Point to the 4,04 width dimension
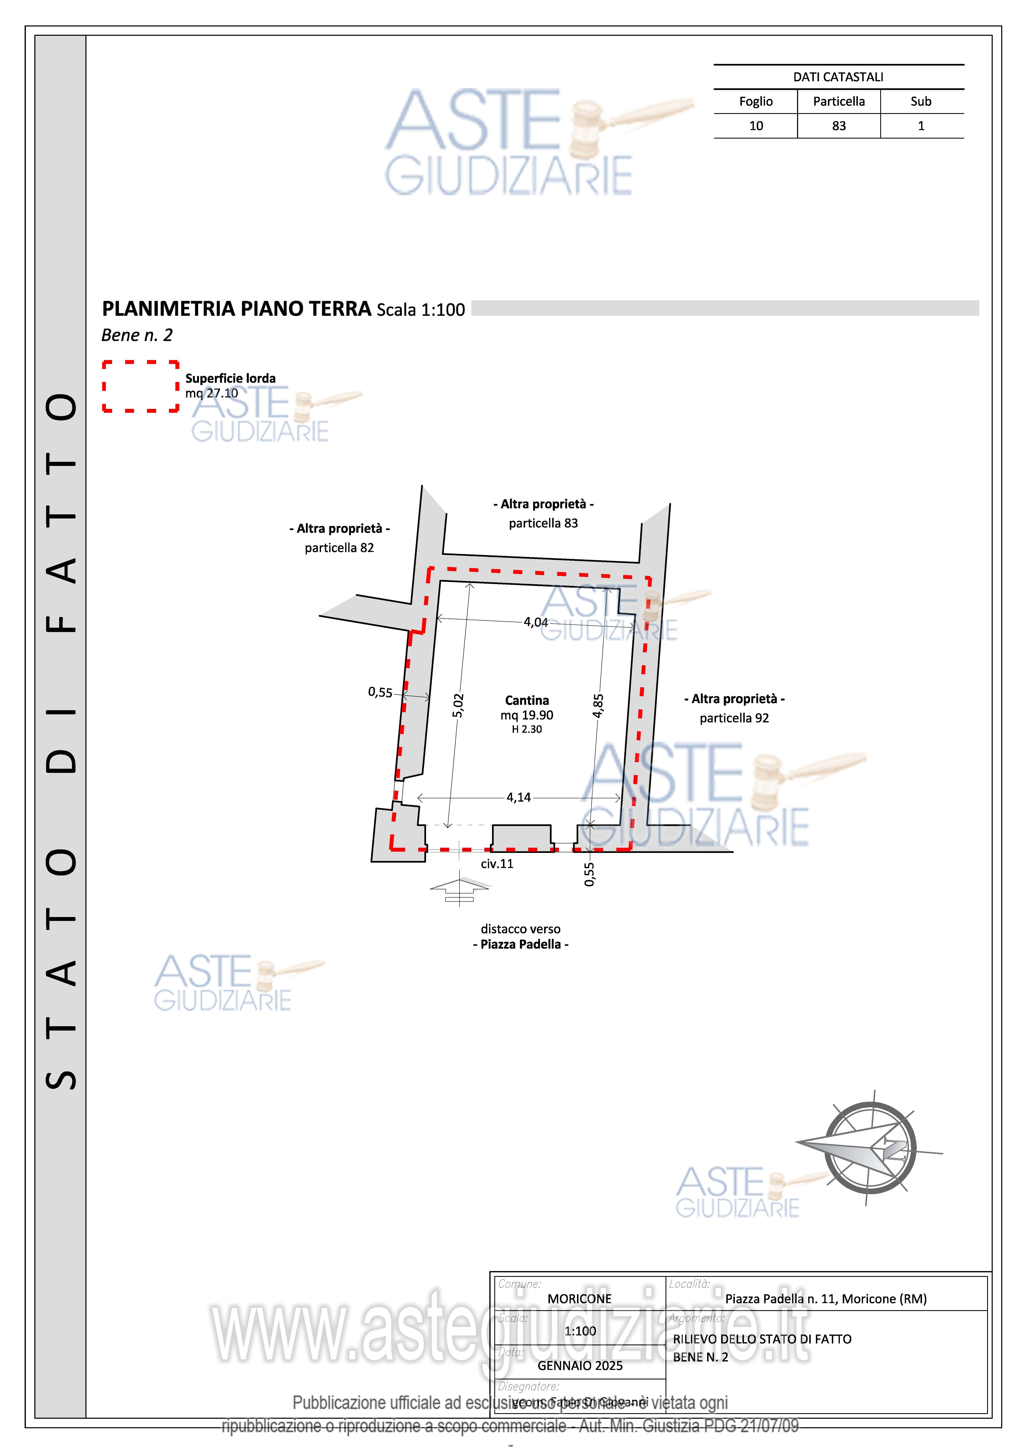click(535, 622)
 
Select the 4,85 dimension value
click(598, 706)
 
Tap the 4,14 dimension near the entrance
click(518, 797)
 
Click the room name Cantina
click(527, 700)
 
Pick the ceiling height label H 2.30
click(527, 729)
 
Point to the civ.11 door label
click(497, 864)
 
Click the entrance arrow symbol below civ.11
click(460, 888)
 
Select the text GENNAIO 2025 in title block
click(580, 1366)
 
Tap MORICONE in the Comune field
click(579, 1299)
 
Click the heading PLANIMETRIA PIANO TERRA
click(236, 309)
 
